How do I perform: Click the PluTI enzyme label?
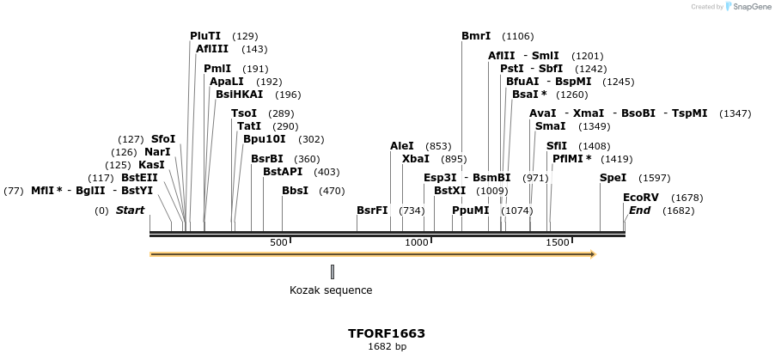coord(205,36)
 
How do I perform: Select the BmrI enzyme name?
coord(476,36)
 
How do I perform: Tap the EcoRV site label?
coord(640,198)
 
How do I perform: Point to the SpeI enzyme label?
coord(613,178)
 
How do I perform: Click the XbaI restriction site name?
coord(416,159)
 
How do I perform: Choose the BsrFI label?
coord(372,211)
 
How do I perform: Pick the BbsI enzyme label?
coord(295,191)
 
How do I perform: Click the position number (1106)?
coord(517,36)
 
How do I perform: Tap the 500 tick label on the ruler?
coord(278,243)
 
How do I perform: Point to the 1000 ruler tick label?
coord(417,243)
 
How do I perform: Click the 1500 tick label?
coord(558,243)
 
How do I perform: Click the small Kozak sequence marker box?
coord(332,272)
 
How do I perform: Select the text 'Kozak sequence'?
coord(331,290)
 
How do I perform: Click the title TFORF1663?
coord(387,333)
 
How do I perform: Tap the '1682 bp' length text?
coord(387,347)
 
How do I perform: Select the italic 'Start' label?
coord(130,211)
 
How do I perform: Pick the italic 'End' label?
coord(639,211)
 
